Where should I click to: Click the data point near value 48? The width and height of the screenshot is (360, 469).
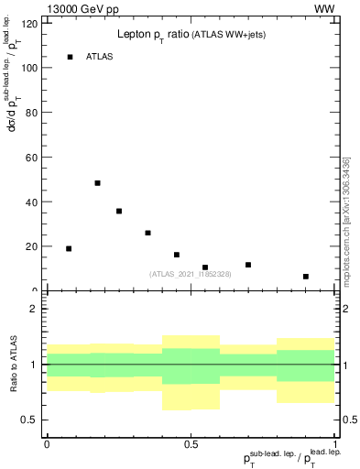point(97,183)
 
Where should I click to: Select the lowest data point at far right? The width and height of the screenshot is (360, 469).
point(306,277)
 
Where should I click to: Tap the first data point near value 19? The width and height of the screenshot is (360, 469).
point(69,248)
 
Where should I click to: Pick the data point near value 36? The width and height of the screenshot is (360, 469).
point(119,211)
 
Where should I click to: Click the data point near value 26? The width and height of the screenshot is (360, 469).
point(147,233)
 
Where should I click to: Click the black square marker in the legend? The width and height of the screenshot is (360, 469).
point(70,57)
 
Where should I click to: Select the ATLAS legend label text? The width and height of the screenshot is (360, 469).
point(100,57)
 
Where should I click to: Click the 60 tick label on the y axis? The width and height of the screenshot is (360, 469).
point(34,157)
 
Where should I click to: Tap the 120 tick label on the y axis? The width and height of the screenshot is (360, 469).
point(31,23)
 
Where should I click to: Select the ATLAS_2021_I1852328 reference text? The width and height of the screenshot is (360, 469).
point(190,274)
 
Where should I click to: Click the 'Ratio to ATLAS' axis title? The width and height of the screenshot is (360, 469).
point(15,365)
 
